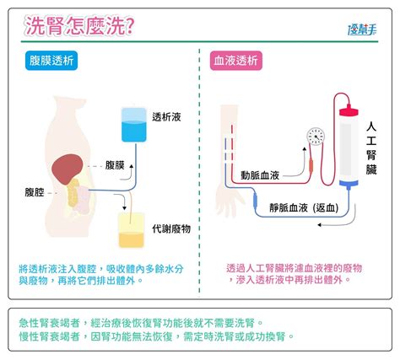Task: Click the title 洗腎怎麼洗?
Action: tap(78, 26)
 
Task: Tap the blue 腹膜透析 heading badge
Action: tap(51, 61)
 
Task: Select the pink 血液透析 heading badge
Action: tap(235, 61)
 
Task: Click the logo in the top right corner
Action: tap(362, 30)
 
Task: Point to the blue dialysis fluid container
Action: tap(134, 125)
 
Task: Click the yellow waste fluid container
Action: tap(131, 230)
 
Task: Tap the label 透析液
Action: tap(166, 117)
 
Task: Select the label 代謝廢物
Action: tap(171, 228)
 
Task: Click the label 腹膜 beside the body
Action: tap(115, 165)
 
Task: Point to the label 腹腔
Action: tap(35, 192)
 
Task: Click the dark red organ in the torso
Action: tap(67, 169)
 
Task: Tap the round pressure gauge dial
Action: tap(316, 137)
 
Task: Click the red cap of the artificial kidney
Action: tap(349, 110)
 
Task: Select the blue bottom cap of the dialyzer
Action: tap(349, 184)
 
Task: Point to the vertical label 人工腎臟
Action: tap(371, 148)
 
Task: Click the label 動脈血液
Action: tap(260, 175)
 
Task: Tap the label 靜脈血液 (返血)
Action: tap(304, 207)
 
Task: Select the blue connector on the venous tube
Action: tap(255, 201)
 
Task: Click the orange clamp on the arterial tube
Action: tap(311, 165)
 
